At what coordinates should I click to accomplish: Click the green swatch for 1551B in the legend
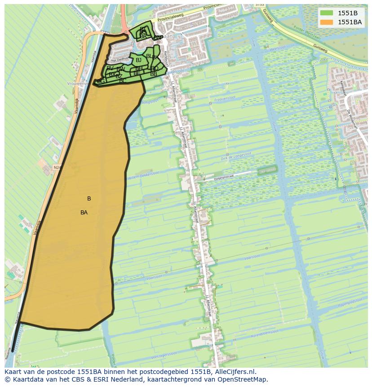327,13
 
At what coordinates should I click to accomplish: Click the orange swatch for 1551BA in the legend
327,22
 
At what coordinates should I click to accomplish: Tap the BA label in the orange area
84,213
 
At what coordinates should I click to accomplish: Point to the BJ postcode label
138,60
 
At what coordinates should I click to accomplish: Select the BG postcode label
101,81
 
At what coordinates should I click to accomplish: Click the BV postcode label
110,68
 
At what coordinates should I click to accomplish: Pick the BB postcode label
154,74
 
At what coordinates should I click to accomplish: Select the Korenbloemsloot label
265,333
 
